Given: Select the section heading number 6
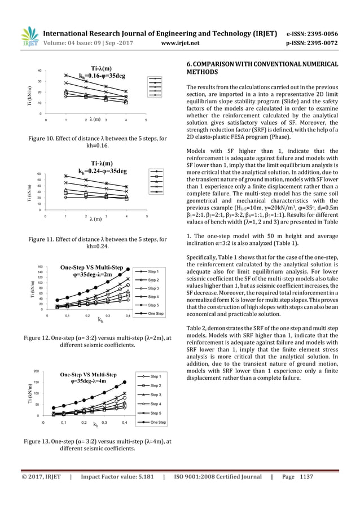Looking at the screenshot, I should (x=189, y=63).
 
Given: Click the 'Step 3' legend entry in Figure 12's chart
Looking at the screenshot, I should (x=155, y=288).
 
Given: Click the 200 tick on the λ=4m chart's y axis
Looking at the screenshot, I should (x=37, y=372).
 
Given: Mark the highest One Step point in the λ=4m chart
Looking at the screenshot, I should (x=124, y=382).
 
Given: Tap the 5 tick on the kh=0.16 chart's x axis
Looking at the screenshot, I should (x=146, y=120).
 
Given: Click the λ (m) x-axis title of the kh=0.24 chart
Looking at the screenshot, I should (x=95, y=218).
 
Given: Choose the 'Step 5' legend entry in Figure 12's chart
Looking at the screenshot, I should (x=155, y=305).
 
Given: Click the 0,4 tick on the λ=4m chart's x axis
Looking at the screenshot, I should (x=124, y=422).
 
